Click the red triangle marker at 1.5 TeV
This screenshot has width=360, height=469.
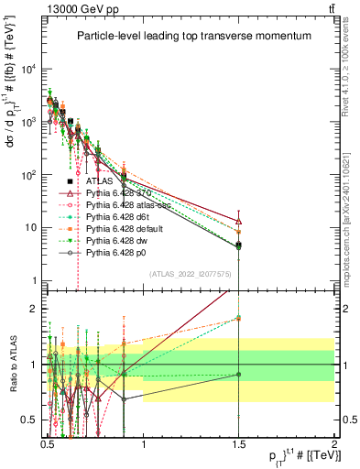[x=238, y=221]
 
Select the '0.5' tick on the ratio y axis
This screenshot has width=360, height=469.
[x=30, y=420]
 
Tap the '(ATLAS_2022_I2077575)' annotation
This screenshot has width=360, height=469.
[x=191, y=273]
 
